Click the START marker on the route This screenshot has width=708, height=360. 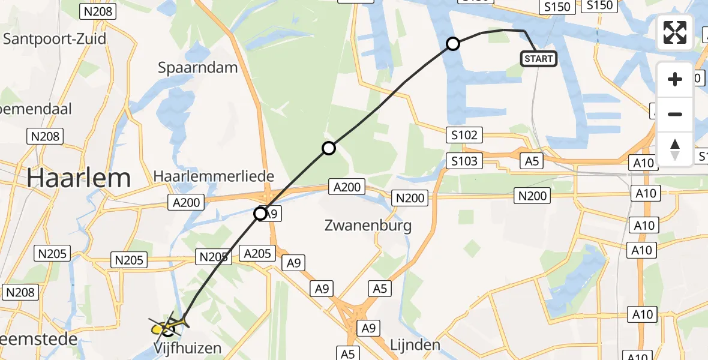click(539, 58)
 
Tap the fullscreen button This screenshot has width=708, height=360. click(675, 32)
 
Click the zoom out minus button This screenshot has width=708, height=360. click(675, 114)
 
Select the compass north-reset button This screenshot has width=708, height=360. click(675, 149)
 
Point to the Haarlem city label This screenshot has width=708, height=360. click(78, 178)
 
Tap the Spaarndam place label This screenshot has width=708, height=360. click(198, 68)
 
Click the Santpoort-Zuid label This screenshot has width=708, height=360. click(55, 39)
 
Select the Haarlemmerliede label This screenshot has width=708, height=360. click(214, 176)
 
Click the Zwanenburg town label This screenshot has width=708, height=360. click(368, 226)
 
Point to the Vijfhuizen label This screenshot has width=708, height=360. click(187, 348)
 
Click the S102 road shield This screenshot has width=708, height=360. click(464, 135)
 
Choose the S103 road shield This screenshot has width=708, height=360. click(464, 160)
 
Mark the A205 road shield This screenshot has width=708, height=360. click(257, 253)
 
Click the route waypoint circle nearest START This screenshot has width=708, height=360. click(453, 44)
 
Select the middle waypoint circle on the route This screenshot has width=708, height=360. click(328, 148)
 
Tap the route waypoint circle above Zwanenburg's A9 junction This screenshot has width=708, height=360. click(260, 213)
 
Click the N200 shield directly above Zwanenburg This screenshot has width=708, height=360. click(409, 198)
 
